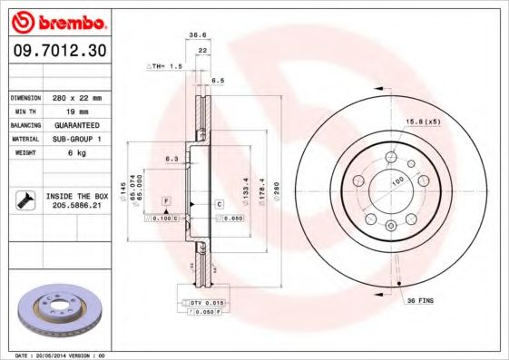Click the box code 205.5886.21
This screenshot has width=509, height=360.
pos(77,207)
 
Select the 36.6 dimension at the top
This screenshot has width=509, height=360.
pos(198,35)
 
